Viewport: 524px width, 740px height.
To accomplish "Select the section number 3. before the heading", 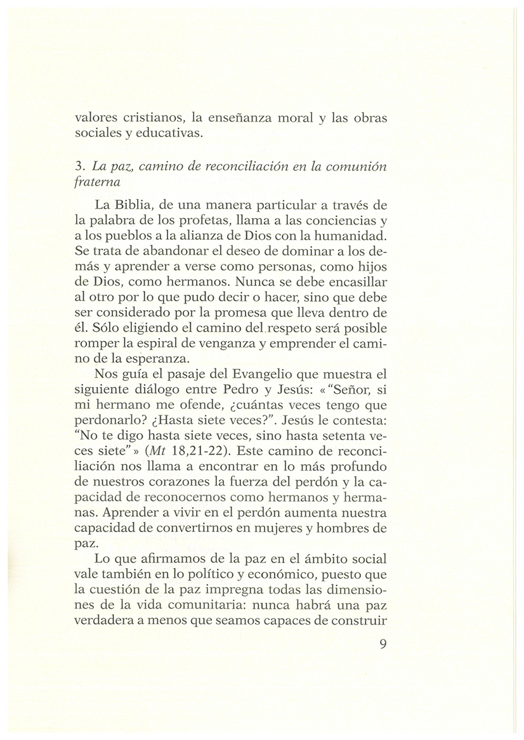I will (79, 166).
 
